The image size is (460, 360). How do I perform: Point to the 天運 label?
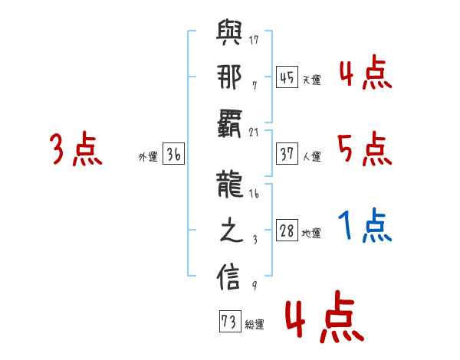[311, 80]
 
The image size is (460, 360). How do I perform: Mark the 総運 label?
[254, 325]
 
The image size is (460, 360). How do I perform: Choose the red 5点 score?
[364, 149]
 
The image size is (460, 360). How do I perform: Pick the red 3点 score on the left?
[76, 149]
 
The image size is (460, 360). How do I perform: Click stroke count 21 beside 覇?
[254, 132]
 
